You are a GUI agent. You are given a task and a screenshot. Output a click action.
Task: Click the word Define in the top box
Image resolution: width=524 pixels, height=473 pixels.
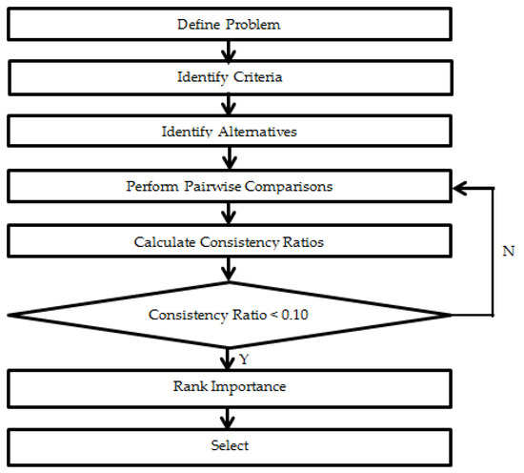(198, 25)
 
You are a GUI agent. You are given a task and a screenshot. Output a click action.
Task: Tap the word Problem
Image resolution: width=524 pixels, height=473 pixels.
(253, 25)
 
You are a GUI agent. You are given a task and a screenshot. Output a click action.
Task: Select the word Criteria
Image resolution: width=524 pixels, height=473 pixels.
(257, 77)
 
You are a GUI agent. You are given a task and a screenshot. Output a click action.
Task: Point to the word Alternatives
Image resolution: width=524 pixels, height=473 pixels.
(257, 132)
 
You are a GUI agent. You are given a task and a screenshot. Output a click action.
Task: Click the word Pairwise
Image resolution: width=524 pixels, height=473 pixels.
(212, 186)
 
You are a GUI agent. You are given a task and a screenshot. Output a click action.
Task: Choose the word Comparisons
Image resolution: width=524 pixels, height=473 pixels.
(289, 186)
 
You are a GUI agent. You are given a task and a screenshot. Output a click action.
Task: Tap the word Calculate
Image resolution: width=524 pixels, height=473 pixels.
(165, 242)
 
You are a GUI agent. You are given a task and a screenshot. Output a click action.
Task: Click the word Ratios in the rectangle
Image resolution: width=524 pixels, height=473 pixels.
(303, 242)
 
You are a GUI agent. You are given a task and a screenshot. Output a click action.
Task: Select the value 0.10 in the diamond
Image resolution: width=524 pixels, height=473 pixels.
(294, 315)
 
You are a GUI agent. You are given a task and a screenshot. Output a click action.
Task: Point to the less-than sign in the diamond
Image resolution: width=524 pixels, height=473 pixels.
(273, 315)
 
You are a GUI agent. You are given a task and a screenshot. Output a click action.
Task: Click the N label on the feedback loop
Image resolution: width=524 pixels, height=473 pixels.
(509, 251)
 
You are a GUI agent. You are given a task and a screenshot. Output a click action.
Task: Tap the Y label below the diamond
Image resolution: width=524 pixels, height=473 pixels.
(244, 360)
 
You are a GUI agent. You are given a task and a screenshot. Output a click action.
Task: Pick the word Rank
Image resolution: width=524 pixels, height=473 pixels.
(191, 386)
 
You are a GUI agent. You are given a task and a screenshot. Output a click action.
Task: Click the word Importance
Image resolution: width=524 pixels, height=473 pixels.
(249, 386)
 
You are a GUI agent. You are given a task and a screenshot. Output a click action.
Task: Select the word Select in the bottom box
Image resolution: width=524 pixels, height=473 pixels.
(230, 445)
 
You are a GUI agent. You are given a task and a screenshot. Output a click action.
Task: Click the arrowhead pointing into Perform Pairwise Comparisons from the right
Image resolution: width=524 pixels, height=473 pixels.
(459, 188)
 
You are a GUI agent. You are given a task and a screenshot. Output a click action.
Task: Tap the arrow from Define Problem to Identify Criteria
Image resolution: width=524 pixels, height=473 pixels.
(229, 51)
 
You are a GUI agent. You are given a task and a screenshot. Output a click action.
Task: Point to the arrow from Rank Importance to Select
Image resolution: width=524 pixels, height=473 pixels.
(228, 418)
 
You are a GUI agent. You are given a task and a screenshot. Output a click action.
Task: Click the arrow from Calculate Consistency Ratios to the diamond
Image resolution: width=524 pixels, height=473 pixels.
(229, 269)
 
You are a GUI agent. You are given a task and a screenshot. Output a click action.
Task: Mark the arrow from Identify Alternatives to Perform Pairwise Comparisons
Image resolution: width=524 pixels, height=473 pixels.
(230, 158)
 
